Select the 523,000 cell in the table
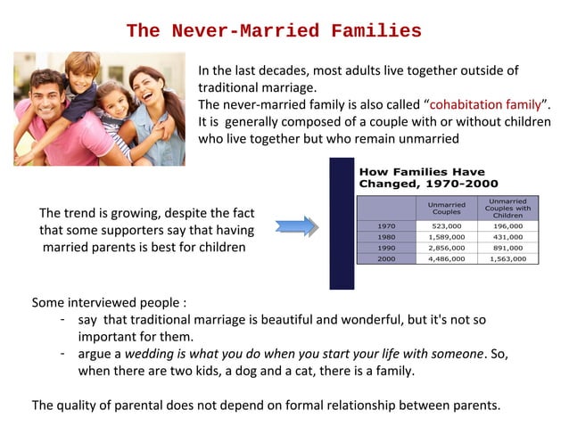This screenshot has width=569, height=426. tap(446, 226)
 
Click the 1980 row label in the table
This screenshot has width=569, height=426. tap(385, 237)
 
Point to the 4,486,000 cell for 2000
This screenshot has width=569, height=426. tap(446, 258)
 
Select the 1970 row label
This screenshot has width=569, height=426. tap(385, 226)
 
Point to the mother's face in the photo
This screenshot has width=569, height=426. tap(147, 89)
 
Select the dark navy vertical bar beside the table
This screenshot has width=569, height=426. tap(342, 223)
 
